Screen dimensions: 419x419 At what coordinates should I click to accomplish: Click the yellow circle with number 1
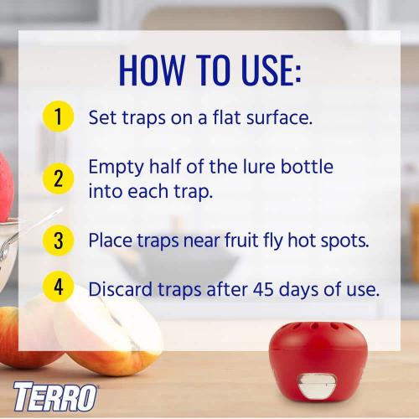tap(57, 116)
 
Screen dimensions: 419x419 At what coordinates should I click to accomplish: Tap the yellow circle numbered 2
tap(57, 178)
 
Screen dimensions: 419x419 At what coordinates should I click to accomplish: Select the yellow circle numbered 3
tap(57, 241)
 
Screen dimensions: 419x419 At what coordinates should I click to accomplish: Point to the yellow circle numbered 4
tap(57, 287)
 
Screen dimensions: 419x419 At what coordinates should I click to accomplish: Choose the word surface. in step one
tap(279, 116)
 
